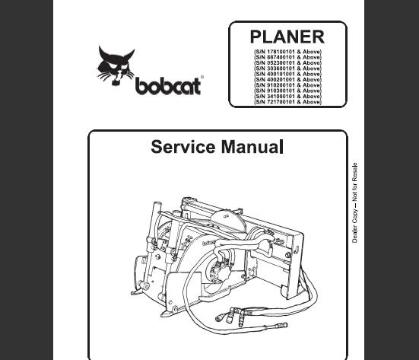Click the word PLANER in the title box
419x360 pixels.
(x=287, y=37)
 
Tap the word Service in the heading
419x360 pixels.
(x=183, y=147)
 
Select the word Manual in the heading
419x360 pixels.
(x=252, y=147)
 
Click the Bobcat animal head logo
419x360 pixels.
(x=116, y=65)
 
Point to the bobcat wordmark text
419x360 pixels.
(x=168, y=86)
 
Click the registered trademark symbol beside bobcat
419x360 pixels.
(x=202, y=77)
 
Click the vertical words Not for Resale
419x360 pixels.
(x=354, y=182)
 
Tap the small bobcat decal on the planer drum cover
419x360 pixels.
(x=210, y=243)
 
